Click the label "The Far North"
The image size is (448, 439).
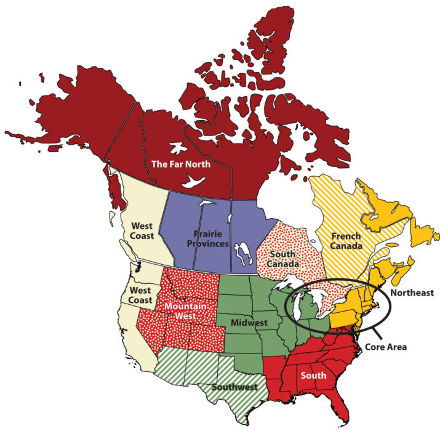pos(180,164)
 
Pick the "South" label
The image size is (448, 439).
pos(314,374)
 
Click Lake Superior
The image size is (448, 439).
pos(289,284)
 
